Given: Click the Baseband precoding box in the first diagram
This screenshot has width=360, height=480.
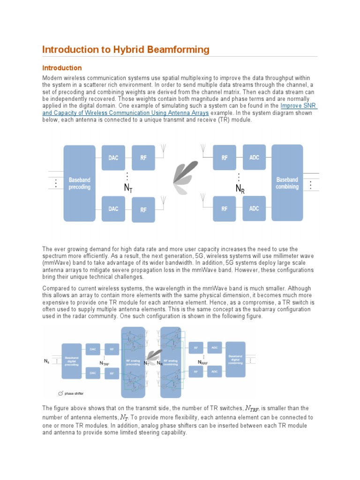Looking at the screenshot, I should pos(79,183).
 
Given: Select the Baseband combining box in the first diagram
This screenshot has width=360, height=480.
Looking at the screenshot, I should pos(287,183).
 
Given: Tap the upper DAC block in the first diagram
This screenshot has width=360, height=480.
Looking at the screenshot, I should pos(113,158).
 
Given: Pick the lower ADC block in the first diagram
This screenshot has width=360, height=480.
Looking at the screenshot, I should pos(254,208).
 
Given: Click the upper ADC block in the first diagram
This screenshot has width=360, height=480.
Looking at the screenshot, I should pos(254,157).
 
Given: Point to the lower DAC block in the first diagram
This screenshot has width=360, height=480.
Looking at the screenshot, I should pos(113,209).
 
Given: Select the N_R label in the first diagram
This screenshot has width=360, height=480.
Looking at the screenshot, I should pos(240,189).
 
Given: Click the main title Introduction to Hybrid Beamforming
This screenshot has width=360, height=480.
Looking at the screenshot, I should pos(126,50).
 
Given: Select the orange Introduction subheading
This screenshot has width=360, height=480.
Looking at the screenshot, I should pos(62,68).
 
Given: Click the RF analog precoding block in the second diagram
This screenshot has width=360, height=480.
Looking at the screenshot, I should pos(133,361).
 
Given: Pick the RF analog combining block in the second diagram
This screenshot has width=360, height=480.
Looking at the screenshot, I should pos(171,361).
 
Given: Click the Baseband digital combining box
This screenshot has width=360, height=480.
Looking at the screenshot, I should pos(236,360).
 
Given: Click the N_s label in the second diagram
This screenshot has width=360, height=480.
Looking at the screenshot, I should pos(46,361).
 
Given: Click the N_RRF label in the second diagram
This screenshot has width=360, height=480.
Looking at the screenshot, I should pos(203,362).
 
